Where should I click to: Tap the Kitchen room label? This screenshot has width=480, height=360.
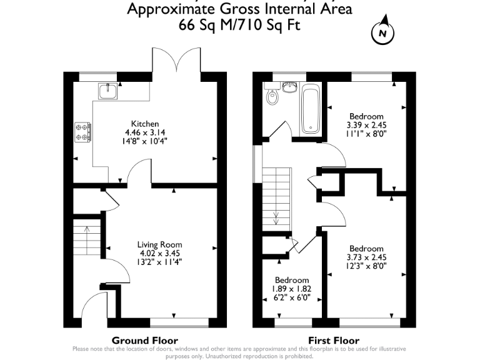point(144,124)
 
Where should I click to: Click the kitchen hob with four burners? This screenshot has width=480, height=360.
point(82,131)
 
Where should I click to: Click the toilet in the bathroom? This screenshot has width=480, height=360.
point(271,97)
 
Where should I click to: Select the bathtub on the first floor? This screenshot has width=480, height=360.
point(311,110)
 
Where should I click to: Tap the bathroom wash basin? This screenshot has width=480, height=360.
point(289,87)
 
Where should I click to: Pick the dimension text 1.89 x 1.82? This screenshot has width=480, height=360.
point(292,289)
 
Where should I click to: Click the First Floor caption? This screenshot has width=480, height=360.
point(333,341)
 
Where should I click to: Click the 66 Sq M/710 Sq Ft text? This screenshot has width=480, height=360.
point(240,26)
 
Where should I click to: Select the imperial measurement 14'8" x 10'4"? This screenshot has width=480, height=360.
point(144,141)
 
